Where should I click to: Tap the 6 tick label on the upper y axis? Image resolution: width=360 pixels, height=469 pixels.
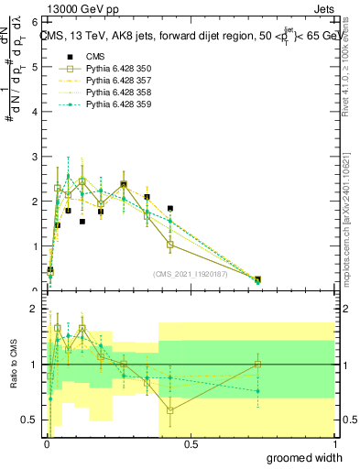pyautogui.click(x=34, y=20)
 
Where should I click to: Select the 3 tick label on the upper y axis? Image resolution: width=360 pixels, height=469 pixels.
pyautogui.click(x=34, y=156)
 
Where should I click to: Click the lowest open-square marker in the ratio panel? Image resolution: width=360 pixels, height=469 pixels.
pyautogui.click(x=170, y=410)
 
